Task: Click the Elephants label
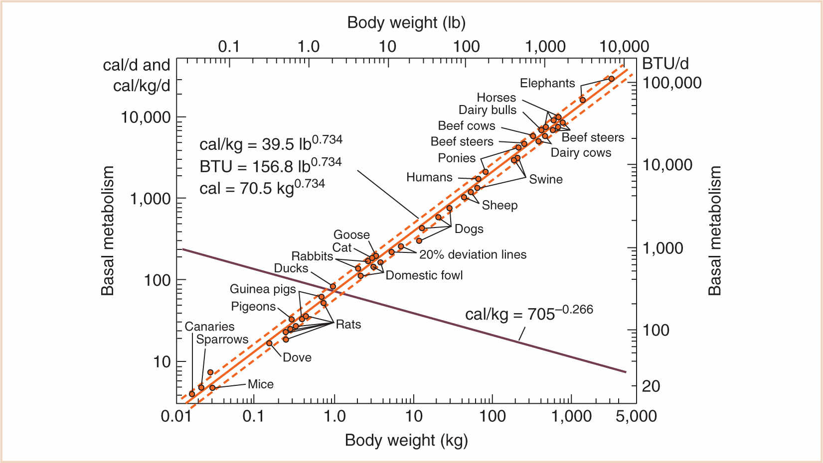pos(547,83)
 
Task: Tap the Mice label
pos(260,384)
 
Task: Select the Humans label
pos(429,177)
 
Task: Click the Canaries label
pos(209,327)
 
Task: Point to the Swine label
pos(545,179)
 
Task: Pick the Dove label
pos(297,357)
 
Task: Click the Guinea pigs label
pos(263,289)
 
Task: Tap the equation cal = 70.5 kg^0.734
pos(262,187)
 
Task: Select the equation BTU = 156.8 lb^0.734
pos(270,165)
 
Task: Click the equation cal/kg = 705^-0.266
pos(529,314)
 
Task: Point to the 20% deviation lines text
pos(473,254)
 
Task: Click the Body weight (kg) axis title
pos(406,440)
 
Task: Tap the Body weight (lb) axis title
pos(406,22)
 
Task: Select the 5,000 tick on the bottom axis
pos(636,416)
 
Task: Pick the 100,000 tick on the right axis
pos(672,83)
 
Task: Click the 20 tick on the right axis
pos(651,386)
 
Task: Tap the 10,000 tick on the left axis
pos(146,117)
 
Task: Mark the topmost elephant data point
pos(612,79)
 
